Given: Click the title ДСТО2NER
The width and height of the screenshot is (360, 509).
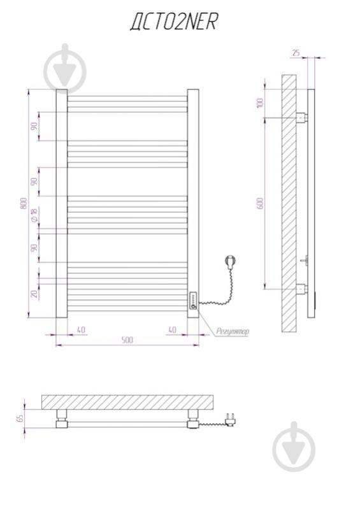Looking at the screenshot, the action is [x=174, y=22].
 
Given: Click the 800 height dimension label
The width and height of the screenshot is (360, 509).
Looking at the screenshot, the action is [x=24, y=203].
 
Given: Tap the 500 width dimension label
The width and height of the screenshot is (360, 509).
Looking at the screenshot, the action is [x=127, y=340].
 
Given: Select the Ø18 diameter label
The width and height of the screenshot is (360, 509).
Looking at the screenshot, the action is [x=34, y=215].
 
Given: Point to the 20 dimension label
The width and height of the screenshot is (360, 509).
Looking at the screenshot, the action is [x=34, y=294].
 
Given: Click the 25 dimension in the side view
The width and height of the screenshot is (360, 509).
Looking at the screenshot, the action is [x=296, y=53].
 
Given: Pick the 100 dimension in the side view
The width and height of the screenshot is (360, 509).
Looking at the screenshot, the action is [x=260, y=103].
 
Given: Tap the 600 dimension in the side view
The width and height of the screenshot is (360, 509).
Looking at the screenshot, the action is [x=260, y=203].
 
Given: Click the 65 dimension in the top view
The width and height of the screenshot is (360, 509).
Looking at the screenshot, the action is [x=20, y=418].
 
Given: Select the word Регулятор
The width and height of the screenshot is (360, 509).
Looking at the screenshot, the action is [x=233, y=331].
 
